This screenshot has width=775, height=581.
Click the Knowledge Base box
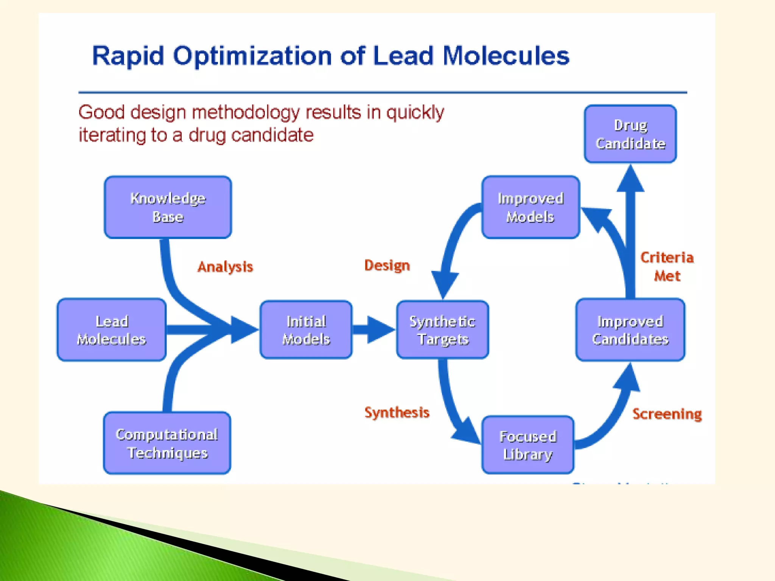click(168, 207)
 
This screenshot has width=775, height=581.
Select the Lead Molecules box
click(112, 330)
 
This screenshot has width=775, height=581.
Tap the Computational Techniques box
click(167, 443)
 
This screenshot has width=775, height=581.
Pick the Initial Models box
click(306, 330)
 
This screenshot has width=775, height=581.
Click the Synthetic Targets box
click(442, 330)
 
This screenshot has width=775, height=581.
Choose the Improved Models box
click(531, 207)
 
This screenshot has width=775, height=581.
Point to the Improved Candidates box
click(630, 330)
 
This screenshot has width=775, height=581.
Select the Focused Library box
click(528, 445)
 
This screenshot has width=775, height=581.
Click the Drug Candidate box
click(630, 134)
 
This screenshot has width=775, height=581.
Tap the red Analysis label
click(225, 267)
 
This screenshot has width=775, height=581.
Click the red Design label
click(387, 266)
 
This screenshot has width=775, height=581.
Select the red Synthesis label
click(397, 412)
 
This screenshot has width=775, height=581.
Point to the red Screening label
click(667, 414)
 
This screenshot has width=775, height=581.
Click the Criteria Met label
click(667, 267)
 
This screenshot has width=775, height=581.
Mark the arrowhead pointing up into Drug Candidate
click(630, 180)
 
